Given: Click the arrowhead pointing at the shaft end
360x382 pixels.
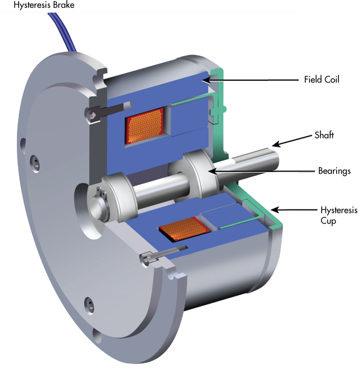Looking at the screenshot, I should coord(275,144).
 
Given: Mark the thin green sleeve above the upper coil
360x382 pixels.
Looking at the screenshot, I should coord(192,99).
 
